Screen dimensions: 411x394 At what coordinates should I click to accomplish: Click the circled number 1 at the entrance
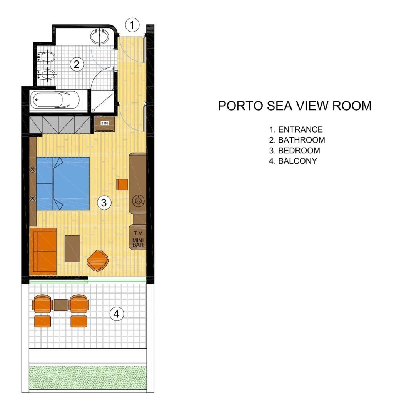[x=132, y=25]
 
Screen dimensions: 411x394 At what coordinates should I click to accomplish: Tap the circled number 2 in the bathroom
[x=77, y=64]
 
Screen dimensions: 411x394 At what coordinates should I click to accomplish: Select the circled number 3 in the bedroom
[x=104, y=202]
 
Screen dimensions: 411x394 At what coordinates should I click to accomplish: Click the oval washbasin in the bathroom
[x=101, y=37]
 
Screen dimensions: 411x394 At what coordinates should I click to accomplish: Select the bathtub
[x=58, y=100]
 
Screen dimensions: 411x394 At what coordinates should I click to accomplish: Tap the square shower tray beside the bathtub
[x=102, y=101]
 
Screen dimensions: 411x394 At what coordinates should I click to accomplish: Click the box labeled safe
[x=104, y=124]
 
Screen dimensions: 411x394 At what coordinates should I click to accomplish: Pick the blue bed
[x=63, y=183]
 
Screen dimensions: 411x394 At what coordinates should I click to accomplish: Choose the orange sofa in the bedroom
[x=43, y=251]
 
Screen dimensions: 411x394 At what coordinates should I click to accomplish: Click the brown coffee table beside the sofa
[x=72, y=248]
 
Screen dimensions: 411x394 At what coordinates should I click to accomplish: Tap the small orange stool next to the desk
[x=122, y=185]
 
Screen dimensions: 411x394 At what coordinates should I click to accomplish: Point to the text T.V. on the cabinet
[x=137, y=233]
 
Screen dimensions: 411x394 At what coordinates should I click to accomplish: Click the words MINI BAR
[x=137, y=242]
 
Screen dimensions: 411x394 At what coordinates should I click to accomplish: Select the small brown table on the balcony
[x=61, y=305]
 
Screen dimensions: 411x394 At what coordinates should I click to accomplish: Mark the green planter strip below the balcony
[x=88, y=377]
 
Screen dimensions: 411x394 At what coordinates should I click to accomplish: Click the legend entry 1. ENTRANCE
[x=295, y=129]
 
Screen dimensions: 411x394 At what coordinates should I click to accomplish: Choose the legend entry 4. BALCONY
[x=293, y=161]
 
